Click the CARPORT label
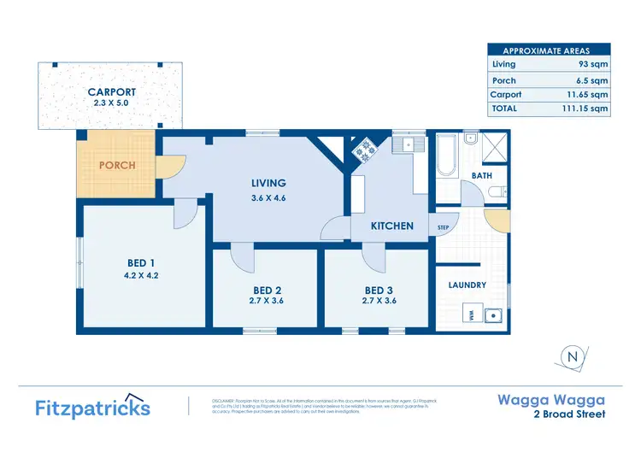[112, 92]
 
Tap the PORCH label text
[116, 165]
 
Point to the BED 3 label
[379, 290]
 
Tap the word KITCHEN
[392, 226]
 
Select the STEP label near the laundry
[444, 228]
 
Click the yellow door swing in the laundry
[493, 218]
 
